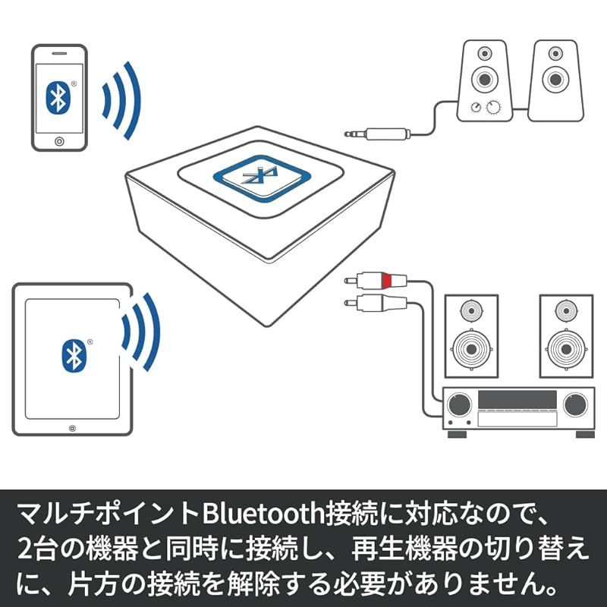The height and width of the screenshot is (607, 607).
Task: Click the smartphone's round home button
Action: (x=59, y=142)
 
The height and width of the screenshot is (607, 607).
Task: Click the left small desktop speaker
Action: (x=483, y=80)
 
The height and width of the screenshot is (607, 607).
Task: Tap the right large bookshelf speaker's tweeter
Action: (x=566, y=310)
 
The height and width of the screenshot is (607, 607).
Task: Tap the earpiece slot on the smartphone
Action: (x=59, y=54)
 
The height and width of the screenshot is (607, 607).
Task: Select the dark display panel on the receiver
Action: (x=517, y=399)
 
